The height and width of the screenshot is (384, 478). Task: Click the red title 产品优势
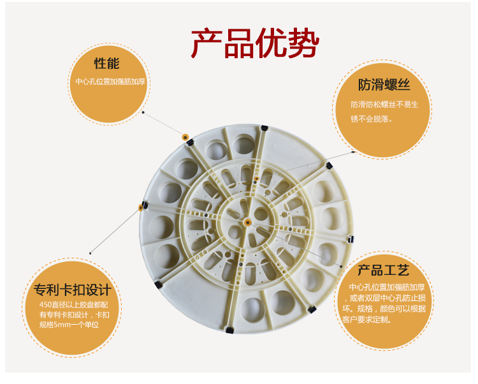point(255,43)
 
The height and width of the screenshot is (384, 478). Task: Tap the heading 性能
point(106,63)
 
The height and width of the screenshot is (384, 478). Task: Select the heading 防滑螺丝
point(384,84)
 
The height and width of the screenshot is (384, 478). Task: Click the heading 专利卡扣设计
point(73,290)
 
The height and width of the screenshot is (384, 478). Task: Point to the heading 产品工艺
point(383,270)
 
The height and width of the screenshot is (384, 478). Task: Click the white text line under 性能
point(110,82)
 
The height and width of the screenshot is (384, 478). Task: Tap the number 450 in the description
point(45,305)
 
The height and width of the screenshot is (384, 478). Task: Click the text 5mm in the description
point(62,325)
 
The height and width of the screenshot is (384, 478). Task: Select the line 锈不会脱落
point(371,119)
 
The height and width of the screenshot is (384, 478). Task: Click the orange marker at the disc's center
point(248,223)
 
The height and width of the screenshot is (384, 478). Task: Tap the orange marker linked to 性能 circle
point(185,137)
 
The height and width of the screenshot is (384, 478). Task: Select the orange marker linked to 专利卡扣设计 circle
point(141,208)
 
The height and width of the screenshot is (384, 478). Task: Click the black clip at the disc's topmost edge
point(264,128)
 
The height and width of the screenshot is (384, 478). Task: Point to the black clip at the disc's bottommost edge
point(229,330)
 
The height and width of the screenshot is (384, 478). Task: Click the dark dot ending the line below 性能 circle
point(143,112)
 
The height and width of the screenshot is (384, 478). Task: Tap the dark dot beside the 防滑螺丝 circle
point(353,152)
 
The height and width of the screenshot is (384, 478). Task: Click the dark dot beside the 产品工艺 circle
point(341,267)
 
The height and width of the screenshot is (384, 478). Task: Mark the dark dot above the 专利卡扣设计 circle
point(91,253)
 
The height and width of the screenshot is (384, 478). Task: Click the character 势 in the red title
point(304,43)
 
